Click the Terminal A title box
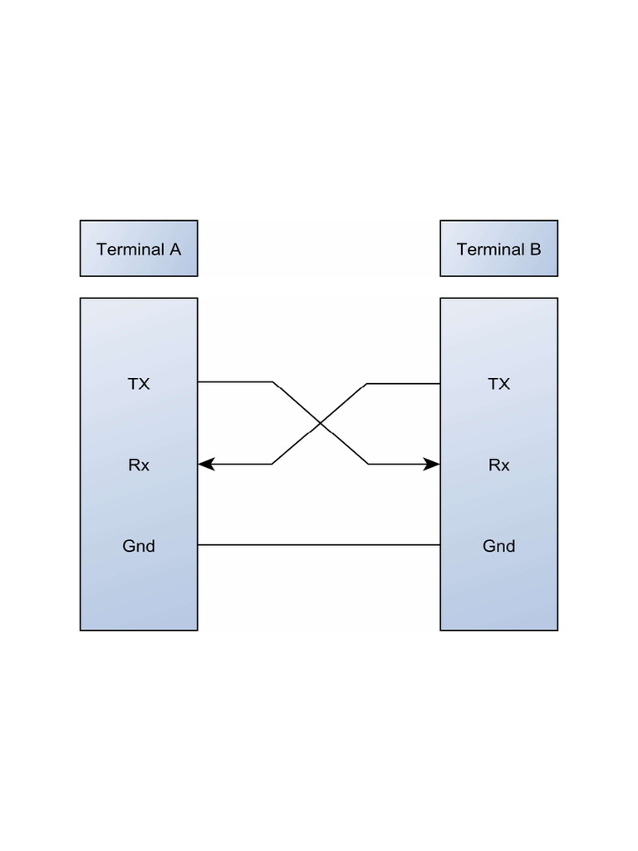139,248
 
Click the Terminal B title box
498,248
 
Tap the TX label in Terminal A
139,384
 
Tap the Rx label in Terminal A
139,465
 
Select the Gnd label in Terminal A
139,546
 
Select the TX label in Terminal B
498,384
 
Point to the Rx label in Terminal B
498,465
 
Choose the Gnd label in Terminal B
498,546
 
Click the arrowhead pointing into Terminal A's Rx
206,465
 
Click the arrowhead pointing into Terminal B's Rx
431,465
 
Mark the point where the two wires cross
320,424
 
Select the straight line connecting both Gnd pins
319,545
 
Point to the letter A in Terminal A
175,249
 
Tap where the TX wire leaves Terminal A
199,382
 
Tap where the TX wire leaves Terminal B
439,384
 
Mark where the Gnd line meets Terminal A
199,545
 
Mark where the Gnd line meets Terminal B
439,545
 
